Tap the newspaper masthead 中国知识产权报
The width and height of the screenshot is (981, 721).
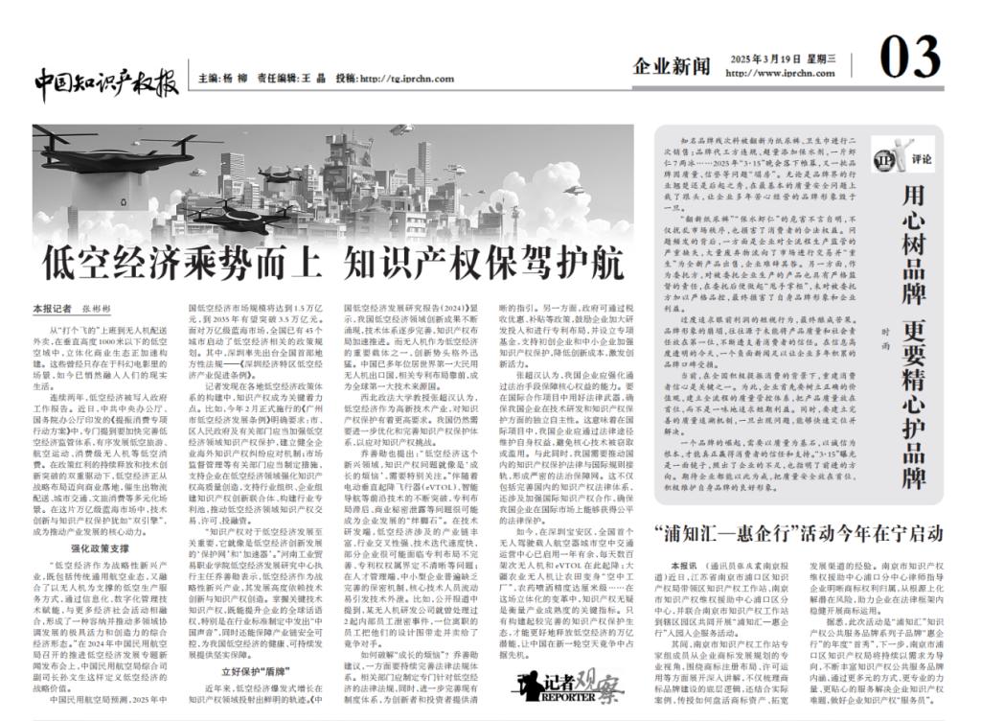click(106, 81)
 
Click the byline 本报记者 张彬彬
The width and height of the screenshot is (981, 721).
click(73, 309)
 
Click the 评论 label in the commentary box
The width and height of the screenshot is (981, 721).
click(921, 157)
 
